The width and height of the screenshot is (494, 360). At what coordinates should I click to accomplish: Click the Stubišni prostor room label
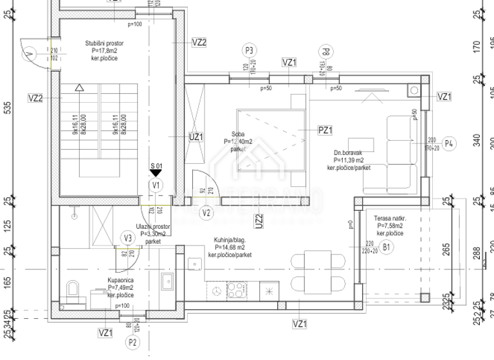coord(104,44)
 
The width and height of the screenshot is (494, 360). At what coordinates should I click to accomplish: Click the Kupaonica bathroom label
coord(120,281)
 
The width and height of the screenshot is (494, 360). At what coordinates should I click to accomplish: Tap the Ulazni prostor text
coord(153,227)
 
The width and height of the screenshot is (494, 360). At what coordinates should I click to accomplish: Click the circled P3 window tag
coord(250,51)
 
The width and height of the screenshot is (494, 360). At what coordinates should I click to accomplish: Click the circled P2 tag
coord(133,343)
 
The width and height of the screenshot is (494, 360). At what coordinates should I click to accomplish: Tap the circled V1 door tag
coord(155,185)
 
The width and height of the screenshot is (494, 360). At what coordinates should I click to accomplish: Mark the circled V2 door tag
coord(206,213)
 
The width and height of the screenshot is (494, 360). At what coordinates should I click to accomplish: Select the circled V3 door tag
coord(128,239)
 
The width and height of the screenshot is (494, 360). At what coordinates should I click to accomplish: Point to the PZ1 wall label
coord(325,130)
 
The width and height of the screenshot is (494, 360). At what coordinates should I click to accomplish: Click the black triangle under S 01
coord(155,173)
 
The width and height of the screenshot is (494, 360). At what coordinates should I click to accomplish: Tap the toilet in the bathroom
coord(72,288)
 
